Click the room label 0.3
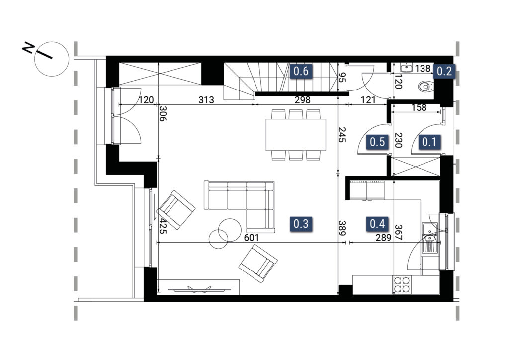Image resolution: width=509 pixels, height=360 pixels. point(301,224)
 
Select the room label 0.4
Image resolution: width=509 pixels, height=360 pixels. point(377,224)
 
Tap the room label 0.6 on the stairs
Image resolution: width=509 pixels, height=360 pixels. point(301,71)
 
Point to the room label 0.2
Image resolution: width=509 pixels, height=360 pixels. point(444,71)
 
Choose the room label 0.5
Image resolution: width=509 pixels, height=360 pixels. point(377,142)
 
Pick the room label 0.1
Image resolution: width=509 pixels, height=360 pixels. point(429,142)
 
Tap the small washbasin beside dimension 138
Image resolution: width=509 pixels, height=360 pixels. point(407,68)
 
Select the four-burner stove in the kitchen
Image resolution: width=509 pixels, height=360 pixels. point(402,285)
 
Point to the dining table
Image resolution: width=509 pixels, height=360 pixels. point(296,135)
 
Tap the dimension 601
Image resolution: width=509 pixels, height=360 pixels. point(251,238)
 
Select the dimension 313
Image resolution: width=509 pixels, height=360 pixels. point(206,100)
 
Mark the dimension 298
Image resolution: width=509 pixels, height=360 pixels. point(302,100)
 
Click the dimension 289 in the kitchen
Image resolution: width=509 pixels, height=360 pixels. point(383,238)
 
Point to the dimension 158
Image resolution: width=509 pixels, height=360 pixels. point(419,107)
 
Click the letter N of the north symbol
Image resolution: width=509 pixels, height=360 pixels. point(28,48)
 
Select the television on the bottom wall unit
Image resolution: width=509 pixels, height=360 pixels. point(200,289)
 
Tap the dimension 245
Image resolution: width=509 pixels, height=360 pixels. point(342,135)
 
